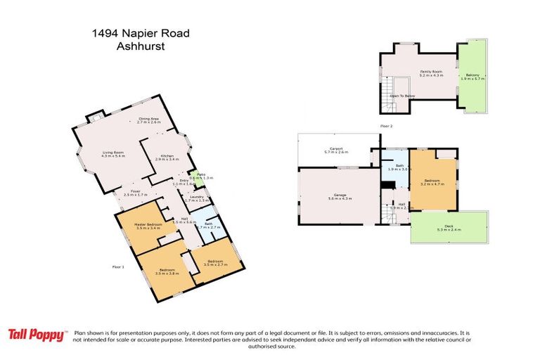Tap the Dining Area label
(149, 120)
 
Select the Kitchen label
(167, 157)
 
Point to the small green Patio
(200, 176)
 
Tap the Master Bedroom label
(149, 226)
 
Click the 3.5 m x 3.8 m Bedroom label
(167, 271)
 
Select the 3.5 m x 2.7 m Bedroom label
(213, 263)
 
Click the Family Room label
(431, 74)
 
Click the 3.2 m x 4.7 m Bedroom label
(432, 181)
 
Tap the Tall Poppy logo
(37, 335)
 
